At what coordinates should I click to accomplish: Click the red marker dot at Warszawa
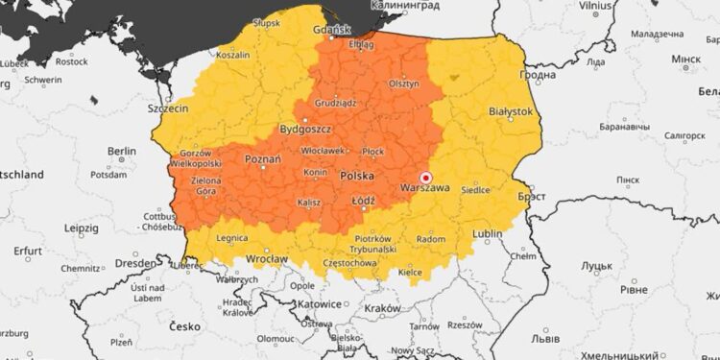coord(425,178)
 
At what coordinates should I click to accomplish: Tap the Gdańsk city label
coord(332,29)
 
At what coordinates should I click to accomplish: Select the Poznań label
coord(262,159)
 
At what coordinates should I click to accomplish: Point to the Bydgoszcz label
coord(305,128)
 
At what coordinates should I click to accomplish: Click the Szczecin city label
coord(168,109)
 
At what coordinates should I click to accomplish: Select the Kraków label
coord(383,308)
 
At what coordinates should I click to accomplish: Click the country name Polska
coord(357,177)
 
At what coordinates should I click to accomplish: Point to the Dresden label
coord(135,262)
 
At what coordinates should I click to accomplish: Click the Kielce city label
coord(410,272)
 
